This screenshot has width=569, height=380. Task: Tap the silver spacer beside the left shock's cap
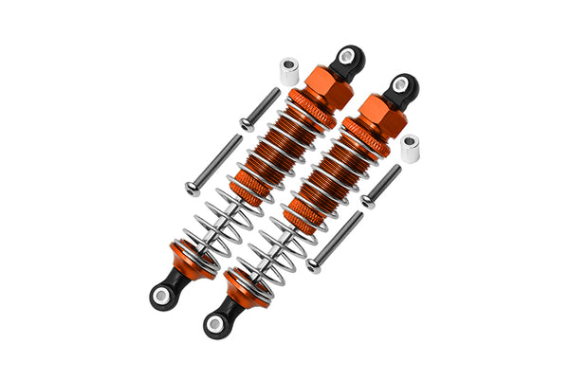pyautogui.click(x=287, y=71)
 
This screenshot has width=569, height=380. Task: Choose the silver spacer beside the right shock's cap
pyautogui.click(x=411, y=148)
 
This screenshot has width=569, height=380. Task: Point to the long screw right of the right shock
pyautogui.click(x=337, y=242)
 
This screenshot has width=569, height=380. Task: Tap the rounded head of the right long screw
pyautogui.click(x=314, y=266)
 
